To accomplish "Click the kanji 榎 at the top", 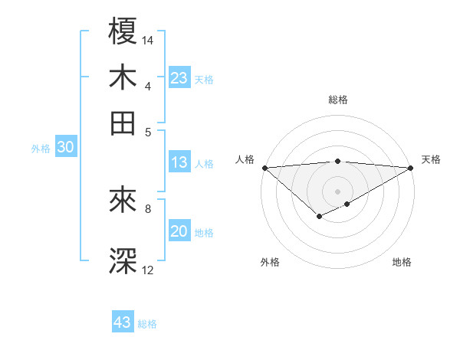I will click(x=123, y=34).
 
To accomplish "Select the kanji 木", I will click(x=123, y=78).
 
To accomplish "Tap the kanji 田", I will click(x=123, y=123).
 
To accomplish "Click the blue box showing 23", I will click(x=179, y=78).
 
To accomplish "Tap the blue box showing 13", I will click(x=179, y=162).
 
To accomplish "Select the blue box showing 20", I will click(x=179, y=232).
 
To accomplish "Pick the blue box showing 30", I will click(x=65, y=149).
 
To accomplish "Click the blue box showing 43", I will click(x=123, y=322).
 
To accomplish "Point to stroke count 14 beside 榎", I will click(x=148, y=40).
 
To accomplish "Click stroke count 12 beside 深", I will click(x=148, y=270).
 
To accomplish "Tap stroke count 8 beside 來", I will click(x=148, y=208).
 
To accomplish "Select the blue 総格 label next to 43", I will click(x=147, y=324).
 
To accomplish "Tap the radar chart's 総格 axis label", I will click(x=337, y=100).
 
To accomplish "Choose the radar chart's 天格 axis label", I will click(x=431, y=159).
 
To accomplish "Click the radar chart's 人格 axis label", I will click(x=245, y=159).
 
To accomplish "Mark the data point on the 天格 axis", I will click(x=411, y=168).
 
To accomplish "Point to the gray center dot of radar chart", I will click(x=337, y=191).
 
